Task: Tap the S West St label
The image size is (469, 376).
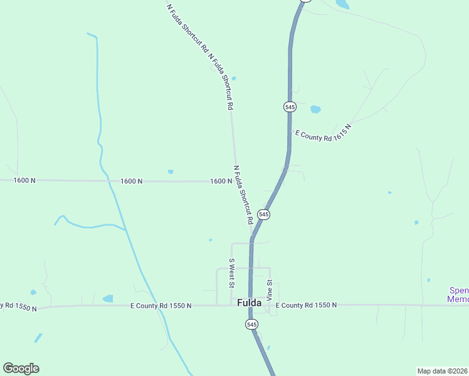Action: [231, 273]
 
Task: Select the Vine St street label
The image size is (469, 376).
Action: [270, 291]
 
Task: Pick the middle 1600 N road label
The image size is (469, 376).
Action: [132, 181]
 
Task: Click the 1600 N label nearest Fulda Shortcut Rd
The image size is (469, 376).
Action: [221, 181]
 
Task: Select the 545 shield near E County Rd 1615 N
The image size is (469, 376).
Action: [290, 107]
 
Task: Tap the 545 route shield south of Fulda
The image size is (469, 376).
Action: [251, 324]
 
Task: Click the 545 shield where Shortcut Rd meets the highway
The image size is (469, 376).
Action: [263, 214]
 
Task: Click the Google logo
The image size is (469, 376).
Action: [21, 368]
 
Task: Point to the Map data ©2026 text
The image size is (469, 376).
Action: [443, 370]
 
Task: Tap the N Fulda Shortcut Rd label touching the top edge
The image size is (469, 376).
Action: [187, 27]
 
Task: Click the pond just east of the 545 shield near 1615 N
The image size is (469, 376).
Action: [315, 109]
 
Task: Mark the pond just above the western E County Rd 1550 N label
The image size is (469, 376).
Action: [108, 298]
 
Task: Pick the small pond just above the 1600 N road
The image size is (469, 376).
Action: [171, 172]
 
